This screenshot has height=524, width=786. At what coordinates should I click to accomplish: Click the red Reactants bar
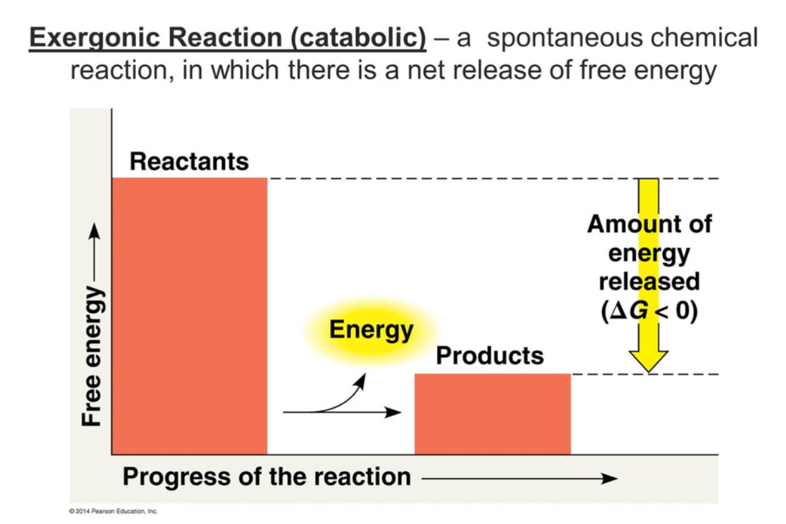pos(189,316)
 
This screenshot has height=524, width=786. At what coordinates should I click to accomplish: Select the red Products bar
pos(492,414)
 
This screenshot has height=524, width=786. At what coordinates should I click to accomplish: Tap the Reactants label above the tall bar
pos(189,162)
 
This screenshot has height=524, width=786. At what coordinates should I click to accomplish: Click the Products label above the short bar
pos(490,356)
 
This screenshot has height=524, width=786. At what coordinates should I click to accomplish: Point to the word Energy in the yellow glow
pos(371,330)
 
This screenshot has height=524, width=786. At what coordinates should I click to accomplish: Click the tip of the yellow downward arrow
pos(649,373)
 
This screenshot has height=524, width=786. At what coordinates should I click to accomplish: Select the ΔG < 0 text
pos(649,311)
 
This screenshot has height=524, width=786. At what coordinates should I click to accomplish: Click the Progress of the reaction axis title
pos(267,477)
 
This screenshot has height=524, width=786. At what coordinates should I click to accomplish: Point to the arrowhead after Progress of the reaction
pos(609,479)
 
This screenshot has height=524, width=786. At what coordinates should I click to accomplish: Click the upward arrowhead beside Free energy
pos(94,231)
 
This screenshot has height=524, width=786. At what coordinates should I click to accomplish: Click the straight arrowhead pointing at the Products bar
pos(393,412)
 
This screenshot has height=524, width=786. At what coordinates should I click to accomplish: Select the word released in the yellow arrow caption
pos(649,281)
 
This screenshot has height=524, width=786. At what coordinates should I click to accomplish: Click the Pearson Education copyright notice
pos(113,511)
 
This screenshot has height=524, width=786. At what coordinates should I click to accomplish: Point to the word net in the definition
pos(425,70)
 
